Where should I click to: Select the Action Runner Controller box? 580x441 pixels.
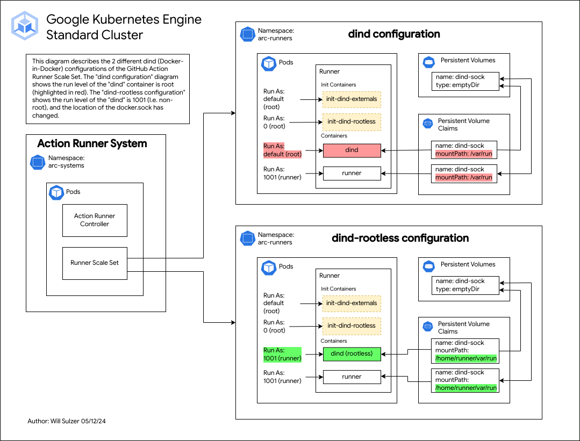(x=95, y=220)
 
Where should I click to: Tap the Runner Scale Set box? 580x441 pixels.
(x=95, y=263)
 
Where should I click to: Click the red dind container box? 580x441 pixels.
(x=352, y=150)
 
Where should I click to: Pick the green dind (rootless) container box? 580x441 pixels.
(x=352, y=353)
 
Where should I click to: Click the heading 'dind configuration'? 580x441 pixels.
(x=394, y=34)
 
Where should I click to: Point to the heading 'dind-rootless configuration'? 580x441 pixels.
(x=400, y=238)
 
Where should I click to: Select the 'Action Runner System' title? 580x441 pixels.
(x=92, y=144)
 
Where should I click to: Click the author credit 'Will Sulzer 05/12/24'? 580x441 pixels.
(x=70, y=421)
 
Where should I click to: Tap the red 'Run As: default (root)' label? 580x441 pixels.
(x=282, y=150)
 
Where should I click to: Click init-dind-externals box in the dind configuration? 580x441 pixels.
(x=352, y=99)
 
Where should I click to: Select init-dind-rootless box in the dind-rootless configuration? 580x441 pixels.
(x=352, y=326)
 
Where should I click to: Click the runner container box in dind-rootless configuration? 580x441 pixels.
(x=352, y=377)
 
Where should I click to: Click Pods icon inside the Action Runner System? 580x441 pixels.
(x=56, y=192)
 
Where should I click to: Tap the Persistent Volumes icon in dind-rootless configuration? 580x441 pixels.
(x=428, y=265)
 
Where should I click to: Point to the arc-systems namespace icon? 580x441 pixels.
(x=37, y=162)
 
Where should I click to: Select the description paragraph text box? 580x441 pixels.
(x=108, y=89)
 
